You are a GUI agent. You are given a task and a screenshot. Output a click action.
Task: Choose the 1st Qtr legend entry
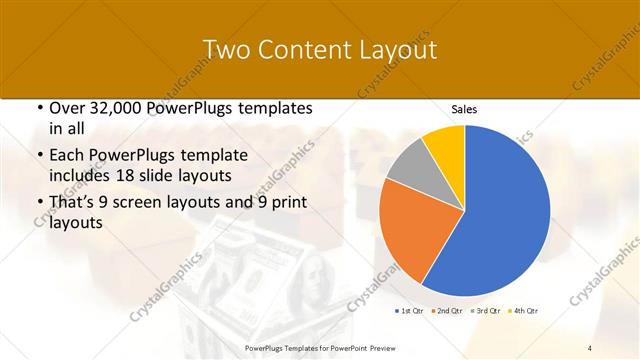(409, 312)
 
